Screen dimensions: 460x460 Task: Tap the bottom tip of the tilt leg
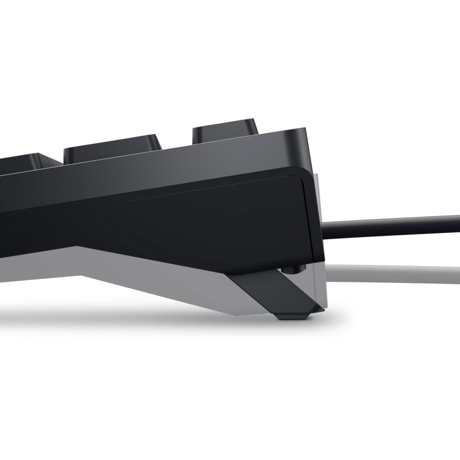tap(293, 315)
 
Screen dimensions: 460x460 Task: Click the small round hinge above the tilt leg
tap(293, 268)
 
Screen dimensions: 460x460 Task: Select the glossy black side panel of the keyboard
tap(172, 218)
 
